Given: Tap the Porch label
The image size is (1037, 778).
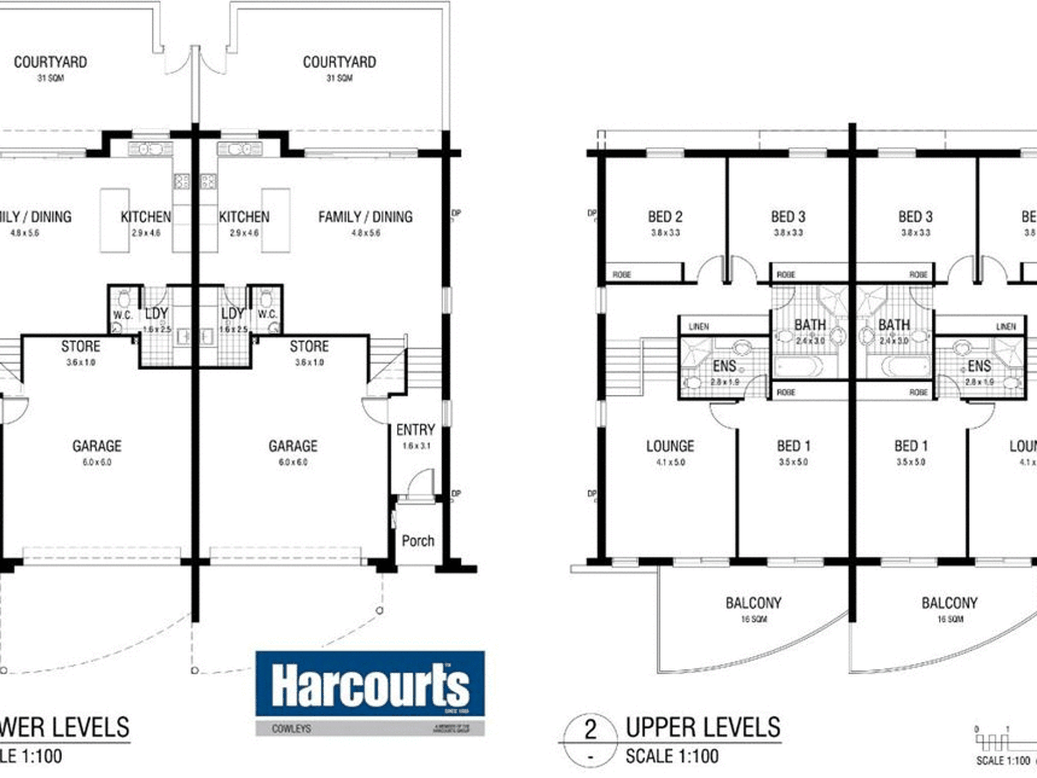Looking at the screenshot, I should click(418, 541).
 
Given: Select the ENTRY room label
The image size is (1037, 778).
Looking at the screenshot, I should click(415, 430).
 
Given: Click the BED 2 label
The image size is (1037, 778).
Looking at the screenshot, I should click(665, 217).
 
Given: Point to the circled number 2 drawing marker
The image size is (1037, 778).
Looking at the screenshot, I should click(590, 730).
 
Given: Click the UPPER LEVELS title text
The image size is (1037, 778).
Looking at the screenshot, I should click(703, 728).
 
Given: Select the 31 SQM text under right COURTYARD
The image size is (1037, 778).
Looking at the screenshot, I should click(339, 78).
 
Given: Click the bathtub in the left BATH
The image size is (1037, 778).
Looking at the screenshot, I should click(798, 366).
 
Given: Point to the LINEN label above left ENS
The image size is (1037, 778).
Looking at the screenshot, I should click(699, 326).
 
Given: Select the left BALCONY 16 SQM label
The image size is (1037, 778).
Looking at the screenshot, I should click(753, 609).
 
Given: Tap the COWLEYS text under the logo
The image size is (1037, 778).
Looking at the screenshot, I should click(291, 729).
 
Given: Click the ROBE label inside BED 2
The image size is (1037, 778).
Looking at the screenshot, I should click(622, 274).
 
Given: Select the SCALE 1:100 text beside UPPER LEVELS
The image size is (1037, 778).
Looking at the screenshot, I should click(672, 757).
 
